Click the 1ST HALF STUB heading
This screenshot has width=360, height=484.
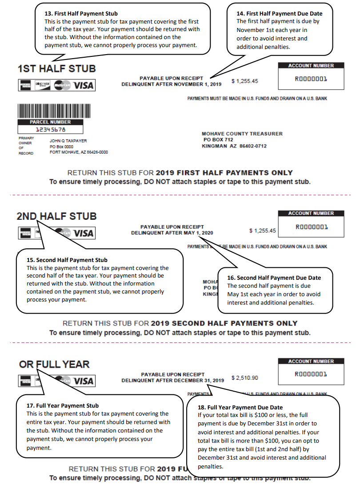(56, 69)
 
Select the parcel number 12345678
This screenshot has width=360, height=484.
(50, 130)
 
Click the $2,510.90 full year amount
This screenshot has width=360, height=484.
(244, 378)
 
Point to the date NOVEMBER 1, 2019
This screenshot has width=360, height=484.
(197, 84)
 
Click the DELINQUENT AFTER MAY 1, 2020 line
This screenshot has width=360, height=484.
(172, 233)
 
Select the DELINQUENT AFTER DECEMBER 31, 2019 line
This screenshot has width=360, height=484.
(172, 381)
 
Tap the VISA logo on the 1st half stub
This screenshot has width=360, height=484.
(84, 85)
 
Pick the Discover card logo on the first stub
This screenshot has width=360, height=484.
(43, 85)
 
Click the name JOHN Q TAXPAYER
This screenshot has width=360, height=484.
(68, 141)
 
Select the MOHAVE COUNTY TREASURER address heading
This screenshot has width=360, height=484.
(242, 134)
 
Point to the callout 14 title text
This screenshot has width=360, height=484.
(279, 14)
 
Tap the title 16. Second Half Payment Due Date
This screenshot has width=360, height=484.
(274, 278)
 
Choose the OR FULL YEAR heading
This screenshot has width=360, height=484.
(54, 365)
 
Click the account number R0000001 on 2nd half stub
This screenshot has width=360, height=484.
(311, 227)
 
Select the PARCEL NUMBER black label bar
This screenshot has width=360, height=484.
(50, 122)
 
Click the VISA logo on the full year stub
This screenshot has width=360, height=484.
(84, 381)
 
